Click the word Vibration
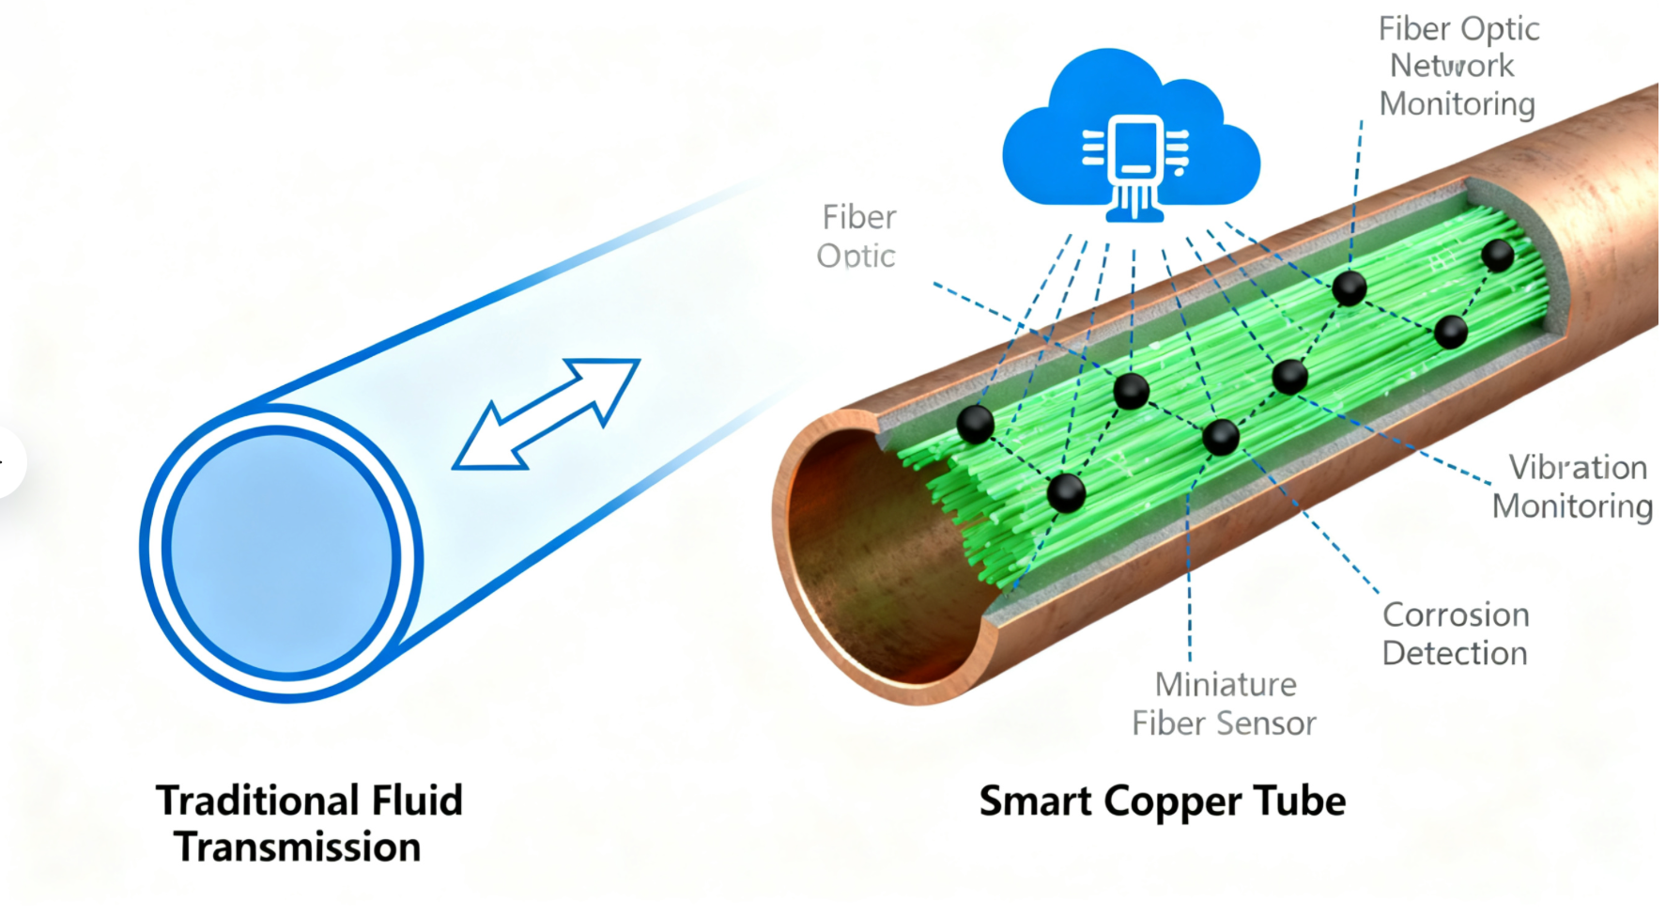[1578, 468]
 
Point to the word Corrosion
[1456, 615]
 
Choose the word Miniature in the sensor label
[1226, 685]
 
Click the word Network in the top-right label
[1452, 66]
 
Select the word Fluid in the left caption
[417, 800]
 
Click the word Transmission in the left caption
[298, 847]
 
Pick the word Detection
[1455, 654]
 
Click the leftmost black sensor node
[975, 425]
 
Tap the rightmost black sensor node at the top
[1497, 255]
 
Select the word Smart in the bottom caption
[1035, 801]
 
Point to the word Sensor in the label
[1273, 724]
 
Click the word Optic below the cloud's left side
[856, 256]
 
